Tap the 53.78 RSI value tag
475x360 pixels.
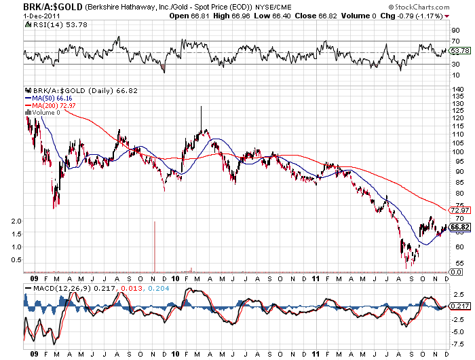(459, 51)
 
